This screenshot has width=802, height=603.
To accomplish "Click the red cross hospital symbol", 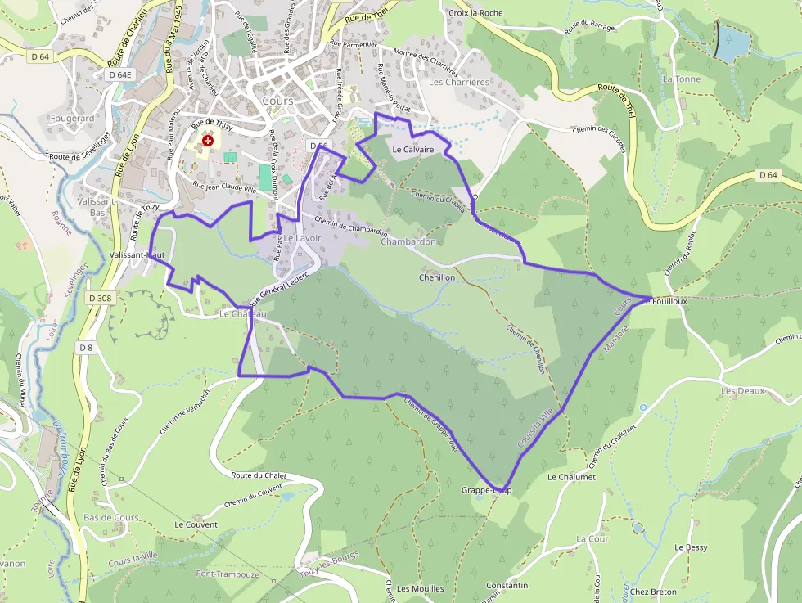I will [x=208, y=141].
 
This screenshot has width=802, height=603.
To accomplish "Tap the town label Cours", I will [x=278, y=101].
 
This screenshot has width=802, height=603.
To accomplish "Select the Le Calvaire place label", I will [x=412, y=150].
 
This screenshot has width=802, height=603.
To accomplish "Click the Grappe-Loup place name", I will [x=486, y=490].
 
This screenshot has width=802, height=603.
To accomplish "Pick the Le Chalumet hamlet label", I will [x=571, y=477].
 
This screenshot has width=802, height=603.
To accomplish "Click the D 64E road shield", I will [x=119, y=74].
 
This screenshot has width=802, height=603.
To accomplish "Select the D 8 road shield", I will [x=86, y=348].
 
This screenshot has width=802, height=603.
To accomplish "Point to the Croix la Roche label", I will [x=475, y=13].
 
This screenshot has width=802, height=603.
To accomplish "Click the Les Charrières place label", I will [x=458, y=82].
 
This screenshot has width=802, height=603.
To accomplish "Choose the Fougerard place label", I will [x=72, y=118].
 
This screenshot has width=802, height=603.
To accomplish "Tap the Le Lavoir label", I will [x=302, y=238].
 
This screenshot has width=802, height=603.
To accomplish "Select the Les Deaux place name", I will [x=742, y=391].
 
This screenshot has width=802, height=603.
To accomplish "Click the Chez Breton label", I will [x=653, y=592].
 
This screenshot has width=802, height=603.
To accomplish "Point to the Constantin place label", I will [x=507, y=586].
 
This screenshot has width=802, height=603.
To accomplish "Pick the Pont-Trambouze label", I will [x=228, y=574].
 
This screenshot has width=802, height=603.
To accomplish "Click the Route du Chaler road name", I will [x=259, y=475].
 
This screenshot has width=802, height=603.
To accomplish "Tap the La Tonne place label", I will [x=682, y=79].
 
